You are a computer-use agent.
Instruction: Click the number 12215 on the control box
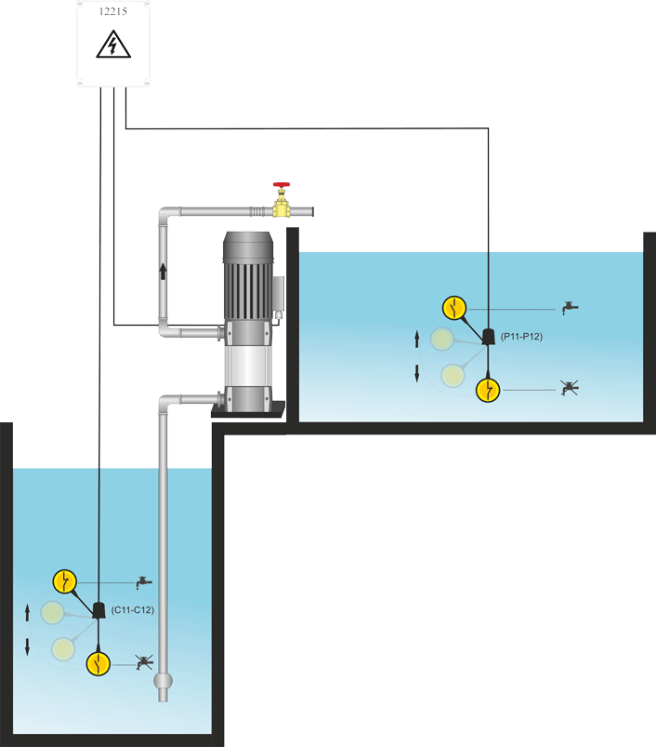112,15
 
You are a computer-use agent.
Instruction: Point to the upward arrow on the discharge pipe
164,271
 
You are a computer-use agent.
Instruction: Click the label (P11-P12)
520,337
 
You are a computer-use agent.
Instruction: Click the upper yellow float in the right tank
453,306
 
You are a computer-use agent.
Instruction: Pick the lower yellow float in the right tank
489,390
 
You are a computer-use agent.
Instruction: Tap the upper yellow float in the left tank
64,581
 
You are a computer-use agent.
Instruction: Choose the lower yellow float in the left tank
98,663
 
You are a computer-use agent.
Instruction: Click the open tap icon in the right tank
571,306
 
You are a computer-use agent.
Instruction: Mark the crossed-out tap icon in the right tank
571,389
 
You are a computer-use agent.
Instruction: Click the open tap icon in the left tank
142,581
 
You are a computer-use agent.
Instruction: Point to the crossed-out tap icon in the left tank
142,663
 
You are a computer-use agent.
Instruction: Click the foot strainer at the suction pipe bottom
164,686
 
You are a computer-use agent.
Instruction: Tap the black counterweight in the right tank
488,337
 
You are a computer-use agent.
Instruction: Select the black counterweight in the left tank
98,610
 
